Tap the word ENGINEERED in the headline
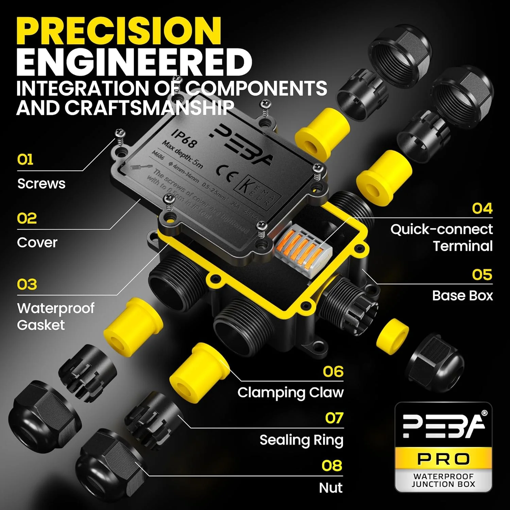[x=134, y=62]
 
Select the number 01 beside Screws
[x=25, y=159]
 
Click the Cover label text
[x=37, y=242]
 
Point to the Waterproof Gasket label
[x=55, y=316]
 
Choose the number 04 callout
[x=482, y=208]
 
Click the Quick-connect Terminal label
[x=442, y=237]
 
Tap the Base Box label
[x=462, y=295]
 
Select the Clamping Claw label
[x=290, y=392]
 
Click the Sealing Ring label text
[x=301, y=440]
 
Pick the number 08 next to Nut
[x=332, y=466]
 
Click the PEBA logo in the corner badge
[x=443, y=426]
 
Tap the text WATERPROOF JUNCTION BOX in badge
[x=443, y=480]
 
